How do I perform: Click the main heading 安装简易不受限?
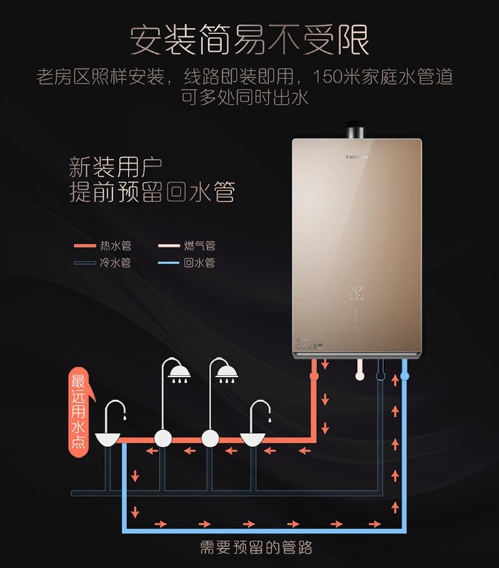pyautogui.click(x=249, y=40)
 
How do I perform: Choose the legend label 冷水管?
pyautogui.click(x=116, y=263)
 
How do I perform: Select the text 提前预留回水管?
pyautogui.click(x=152, y=192)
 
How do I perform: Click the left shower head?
pyautogui.click(x=180, y=371)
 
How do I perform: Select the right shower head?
pyautogui.click(x=226, y=371)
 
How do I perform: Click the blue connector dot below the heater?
pyautogui.click(x=405, y=375)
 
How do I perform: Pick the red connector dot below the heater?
pyautogui.click(x=314, y=375)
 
